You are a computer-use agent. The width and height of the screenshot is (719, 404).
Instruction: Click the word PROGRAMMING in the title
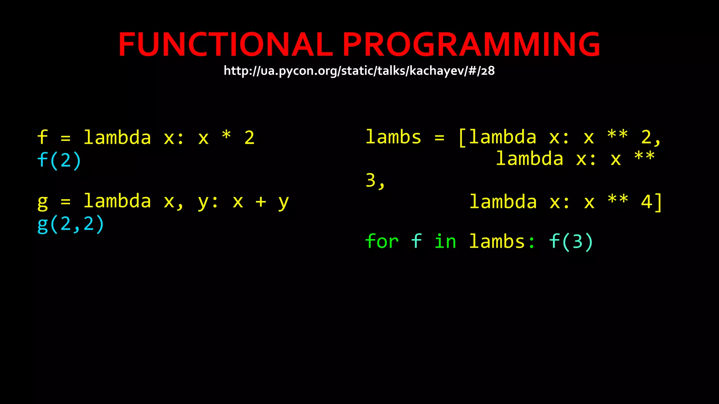pyautogui.click(x=471, y=45)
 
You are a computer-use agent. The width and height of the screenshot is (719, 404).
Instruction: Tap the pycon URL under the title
pyautogui.click(x=359, y=71)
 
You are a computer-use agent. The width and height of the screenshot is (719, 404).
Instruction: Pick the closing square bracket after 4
pyautogui.click(x=659, y=202)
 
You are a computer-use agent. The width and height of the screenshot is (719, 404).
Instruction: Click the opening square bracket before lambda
pyautogui.click(x=462, y=137)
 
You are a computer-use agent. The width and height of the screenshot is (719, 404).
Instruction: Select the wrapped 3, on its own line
pyautogui.click(x=375, y=181)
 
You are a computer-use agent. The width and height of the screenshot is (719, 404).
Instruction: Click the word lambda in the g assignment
pyautogui.click(x=117, y=201)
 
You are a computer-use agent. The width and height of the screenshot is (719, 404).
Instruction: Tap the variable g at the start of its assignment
pyautogui.click(x=42, y=202)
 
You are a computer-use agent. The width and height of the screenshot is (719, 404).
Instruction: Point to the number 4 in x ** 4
pyautogui.click(x=646, y=202)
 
